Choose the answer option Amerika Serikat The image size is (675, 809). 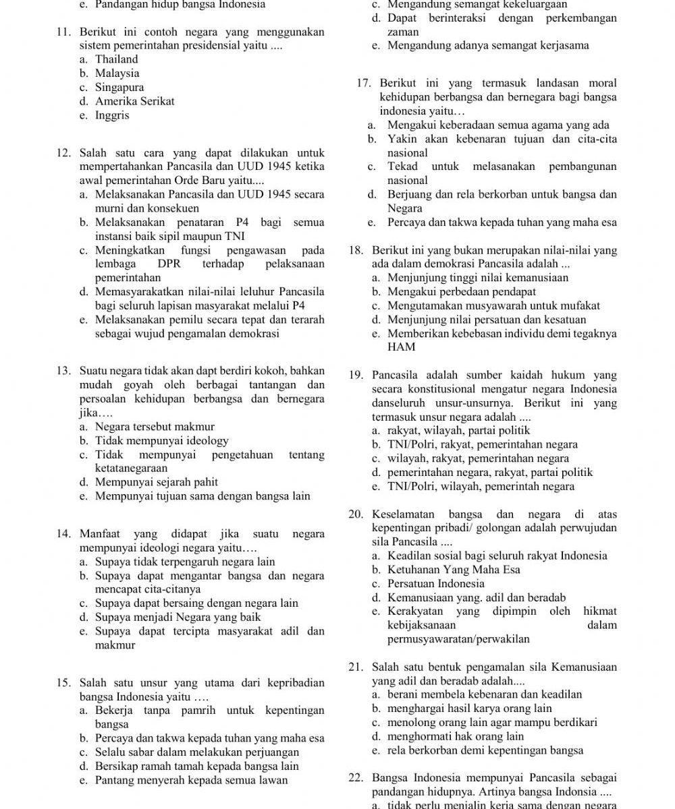pyautogui.click(x=134, y=101)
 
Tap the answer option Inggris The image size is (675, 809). pyautogui.click(x=112, y=115)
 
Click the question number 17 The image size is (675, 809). pyautogui.click(x=364, y=83)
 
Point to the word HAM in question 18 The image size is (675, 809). pyautogui.click(x=401, y=347)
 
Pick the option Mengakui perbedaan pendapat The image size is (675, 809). pyautogui.click(x=462, y=292)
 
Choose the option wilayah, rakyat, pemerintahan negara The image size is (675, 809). pyautogui.click(x=479, y=458)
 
